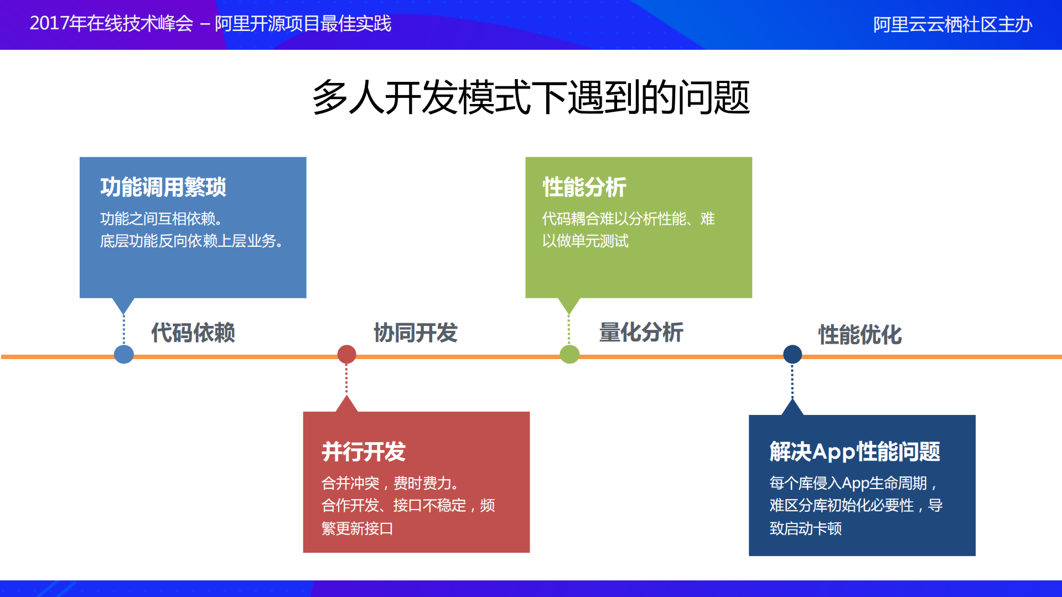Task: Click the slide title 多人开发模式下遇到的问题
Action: (x=531, y=97)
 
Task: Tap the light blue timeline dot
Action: (x=123, y=354)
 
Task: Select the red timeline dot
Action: (x=346, y=354)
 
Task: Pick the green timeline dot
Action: (x=569, y=354)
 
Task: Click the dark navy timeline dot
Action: (x=792, y=354)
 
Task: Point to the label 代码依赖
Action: (x=193, y=333)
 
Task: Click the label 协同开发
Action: (x=416, y=333)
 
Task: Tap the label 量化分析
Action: (x=641, y=333)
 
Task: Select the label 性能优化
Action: (x=860, y=335)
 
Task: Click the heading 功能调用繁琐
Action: (x=163, y=187)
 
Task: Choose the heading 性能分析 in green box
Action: (x=584, y=187)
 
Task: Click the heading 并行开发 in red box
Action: (x=364, y=451)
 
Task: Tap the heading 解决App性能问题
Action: (x=854, y=451)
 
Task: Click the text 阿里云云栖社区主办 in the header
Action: (x=952, y=24)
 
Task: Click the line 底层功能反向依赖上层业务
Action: (x=191, y=241)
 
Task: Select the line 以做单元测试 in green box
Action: (x=586, y=241)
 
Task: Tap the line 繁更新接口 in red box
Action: (x=357, y=528)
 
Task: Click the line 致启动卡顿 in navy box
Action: (x=805, y=528)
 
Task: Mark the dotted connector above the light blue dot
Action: (x=123, y=329)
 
